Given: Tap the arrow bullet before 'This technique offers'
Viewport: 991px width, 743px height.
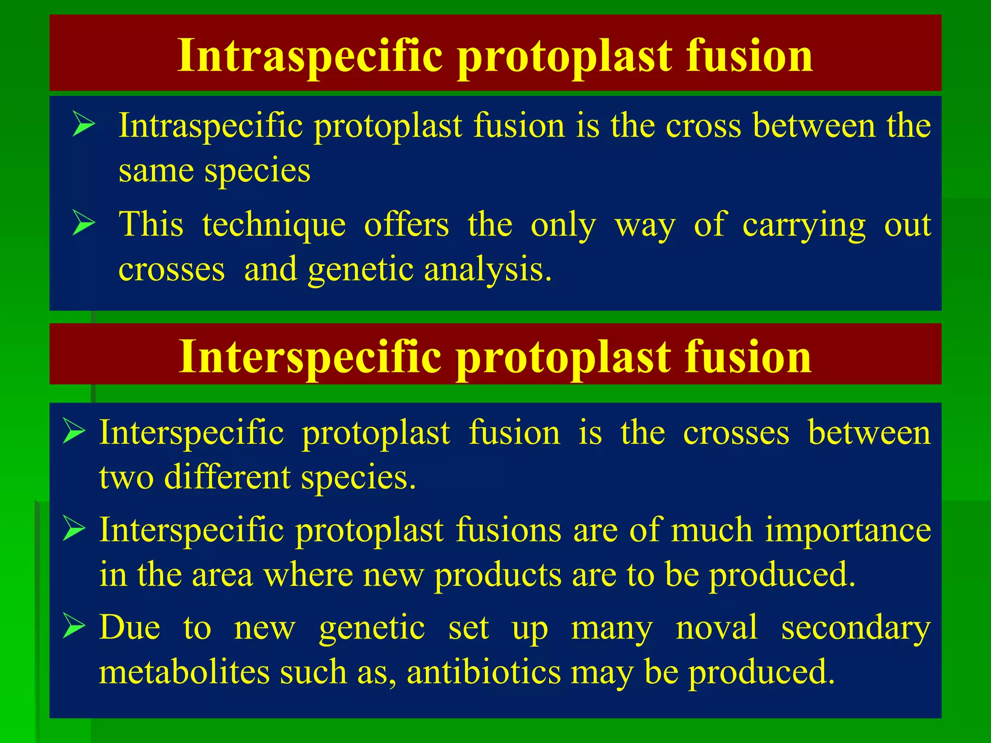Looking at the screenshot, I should [84, 223].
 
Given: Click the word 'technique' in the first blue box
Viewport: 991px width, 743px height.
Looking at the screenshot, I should [274, 225].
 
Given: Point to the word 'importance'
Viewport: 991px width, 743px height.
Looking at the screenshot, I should [848, 530].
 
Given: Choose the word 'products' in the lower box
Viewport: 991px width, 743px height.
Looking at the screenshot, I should [497, 576].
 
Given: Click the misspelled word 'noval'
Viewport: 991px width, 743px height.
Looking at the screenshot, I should [716, 628].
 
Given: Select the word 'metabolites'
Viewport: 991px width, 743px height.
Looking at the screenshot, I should [184, 672].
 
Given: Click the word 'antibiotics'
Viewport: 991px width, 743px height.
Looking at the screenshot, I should [483, 672].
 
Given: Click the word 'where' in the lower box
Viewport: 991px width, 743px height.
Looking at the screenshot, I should [308, 576].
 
